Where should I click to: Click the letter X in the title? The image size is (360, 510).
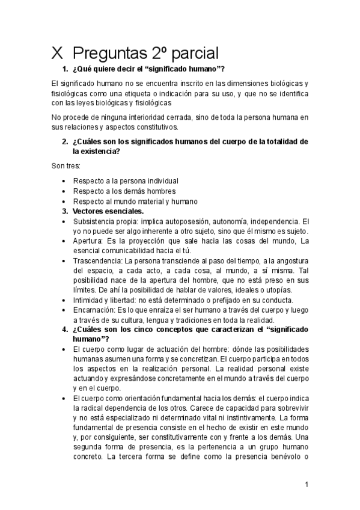click(x=58, y=52)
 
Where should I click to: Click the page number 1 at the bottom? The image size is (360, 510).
click(x=306, y=484)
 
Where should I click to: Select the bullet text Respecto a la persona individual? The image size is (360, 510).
click(x=125, y=180)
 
